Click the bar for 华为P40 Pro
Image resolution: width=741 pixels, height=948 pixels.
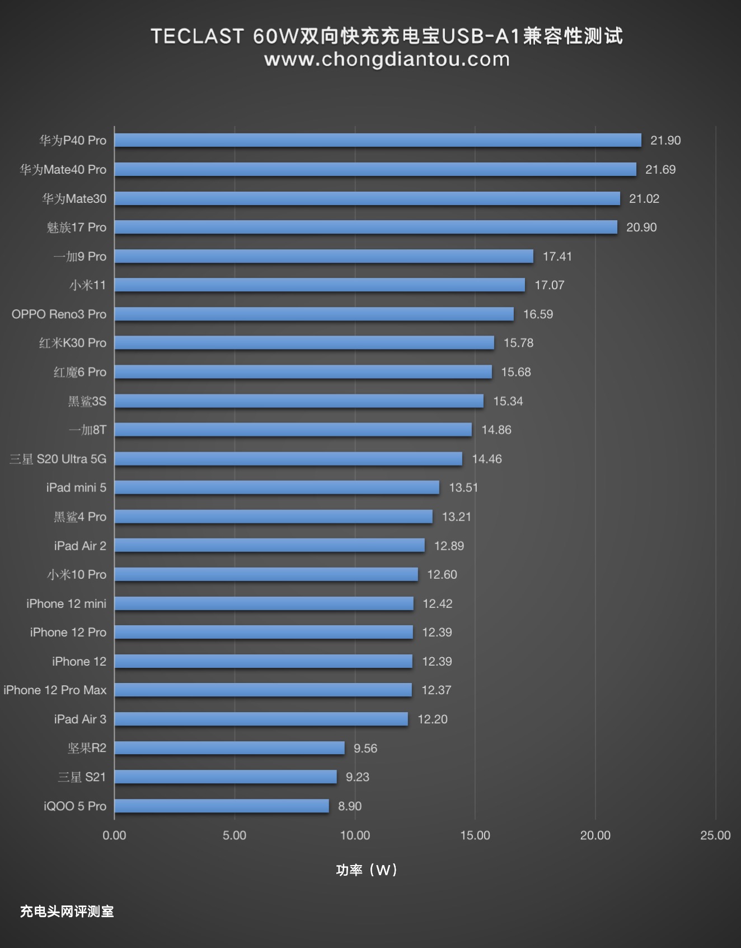[x=378, y=140]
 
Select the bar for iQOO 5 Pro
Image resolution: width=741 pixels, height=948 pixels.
[x=222, y=806]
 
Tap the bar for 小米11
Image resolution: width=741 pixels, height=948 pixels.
[x=320, y=285]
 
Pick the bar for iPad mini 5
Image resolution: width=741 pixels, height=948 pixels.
[x=277, y=487]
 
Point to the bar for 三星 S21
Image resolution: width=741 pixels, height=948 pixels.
[x=226, y=777]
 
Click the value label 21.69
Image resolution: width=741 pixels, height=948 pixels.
[x=660, y=169]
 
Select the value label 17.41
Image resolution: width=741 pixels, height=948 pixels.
[x=557, y=256]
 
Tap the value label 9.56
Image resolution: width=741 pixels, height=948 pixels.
[x=365, y=748]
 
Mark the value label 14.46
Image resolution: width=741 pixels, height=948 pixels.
[x=487, y=459]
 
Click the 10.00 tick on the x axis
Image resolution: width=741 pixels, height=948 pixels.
[x=355, y=835]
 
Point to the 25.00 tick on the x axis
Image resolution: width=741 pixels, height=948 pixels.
[x=715, y=835]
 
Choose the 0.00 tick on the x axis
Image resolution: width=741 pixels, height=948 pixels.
[x=114, y=835]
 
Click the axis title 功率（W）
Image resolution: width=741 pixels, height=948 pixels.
[x=367, y=870]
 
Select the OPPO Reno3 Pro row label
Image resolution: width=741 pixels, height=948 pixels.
[x=59, y=314]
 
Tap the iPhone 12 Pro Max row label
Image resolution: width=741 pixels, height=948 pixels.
[x=55, y=690]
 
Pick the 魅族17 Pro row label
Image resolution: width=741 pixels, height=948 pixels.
[x=77, y=227]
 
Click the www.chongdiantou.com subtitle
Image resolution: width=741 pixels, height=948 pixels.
[x=387, y=59]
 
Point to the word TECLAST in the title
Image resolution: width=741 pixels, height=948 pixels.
[x=197, y=36]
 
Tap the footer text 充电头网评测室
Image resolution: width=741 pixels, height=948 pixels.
[x=67, y=912]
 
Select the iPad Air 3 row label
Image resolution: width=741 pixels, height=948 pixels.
[x=80, y=719]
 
